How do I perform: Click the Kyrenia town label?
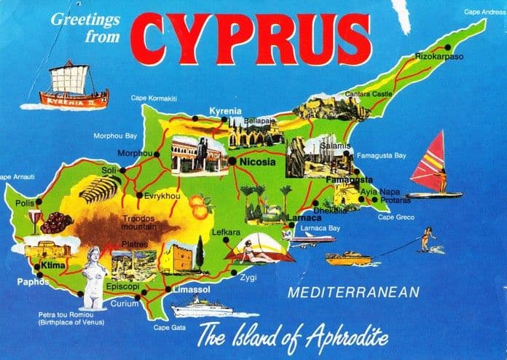click(224, 111)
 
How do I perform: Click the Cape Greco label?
click(395, 217)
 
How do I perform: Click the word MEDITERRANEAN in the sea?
click(353, 294)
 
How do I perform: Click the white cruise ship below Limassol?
click(202, 308)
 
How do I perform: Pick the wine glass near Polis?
click(34, 219)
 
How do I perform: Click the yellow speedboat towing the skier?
click(348, 258)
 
